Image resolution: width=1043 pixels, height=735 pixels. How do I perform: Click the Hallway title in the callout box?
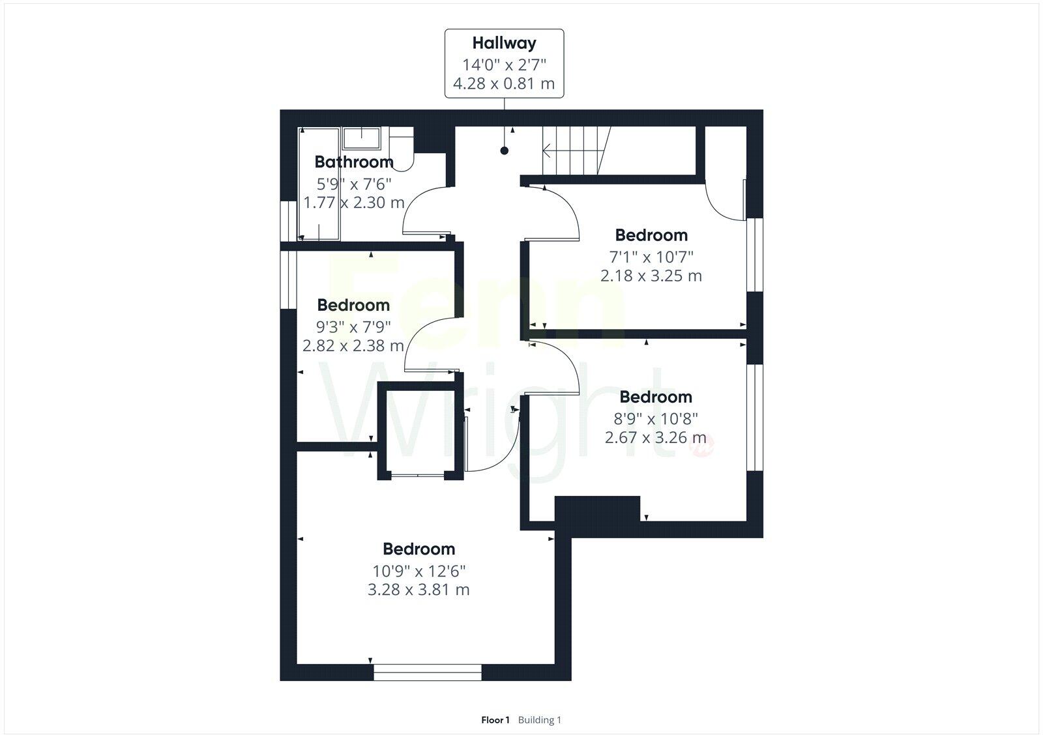coord(504,44)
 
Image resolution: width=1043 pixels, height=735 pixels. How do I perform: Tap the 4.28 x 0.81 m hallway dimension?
coord(504,84)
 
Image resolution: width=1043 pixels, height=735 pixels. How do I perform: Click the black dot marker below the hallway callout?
coord(504,151)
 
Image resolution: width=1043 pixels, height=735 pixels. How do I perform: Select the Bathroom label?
coord(354,162)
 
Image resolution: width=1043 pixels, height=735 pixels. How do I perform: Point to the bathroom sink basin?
coord(362,138)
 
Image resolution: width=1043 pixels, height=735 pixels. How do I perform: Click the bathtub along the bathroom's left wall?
coord(319,184)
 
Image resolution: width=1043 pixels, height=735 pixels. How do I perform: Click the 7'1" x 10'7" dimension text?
coord(651,256)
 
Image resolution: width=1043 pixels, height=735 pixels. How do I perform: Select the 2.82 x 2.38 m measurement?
coord(353,345)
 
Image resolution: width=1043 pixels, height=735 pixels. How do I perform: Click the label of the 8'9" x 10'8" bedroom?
coord(655,397)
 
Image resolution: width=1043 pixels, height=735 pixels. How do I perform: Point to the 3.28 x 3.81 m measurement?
coord(419,590)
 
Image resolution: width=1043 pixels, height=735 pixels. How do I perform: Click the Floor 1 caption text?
coord(495,720)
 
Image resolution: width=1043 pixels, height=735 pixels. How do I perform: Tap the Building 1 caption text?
coord(539,720)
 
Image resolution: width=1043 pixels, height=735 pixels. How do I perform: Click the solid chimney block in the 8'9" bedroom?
coord(596,508)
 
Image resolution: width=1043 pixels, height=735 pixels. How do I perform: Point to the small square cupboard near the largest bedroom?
coord(420,431)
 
